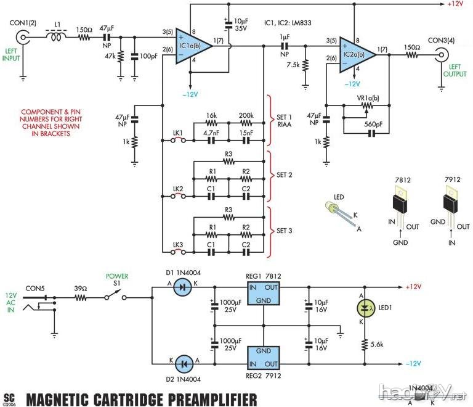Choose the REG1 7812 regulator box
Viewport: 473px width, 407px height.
tap(264, 294)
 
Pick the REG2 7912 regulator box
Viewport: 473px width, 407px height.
tap(264, 357)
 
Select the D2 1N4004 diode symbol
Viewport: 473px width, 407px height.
tap(182, 363)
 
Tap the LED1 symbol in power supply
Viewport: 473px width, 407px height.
tap(365, 306)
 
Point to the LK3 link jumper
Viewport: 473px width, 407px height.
tap(179, 252)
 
